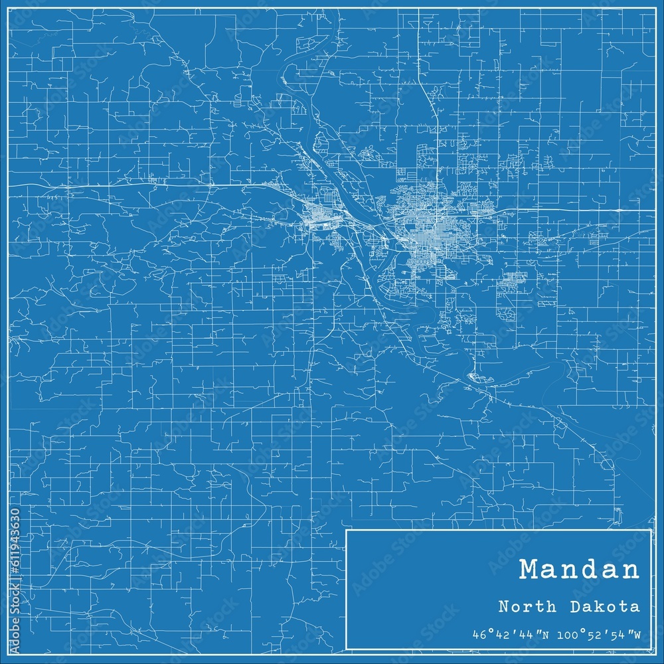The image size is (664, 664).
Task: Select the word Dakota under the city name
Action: coord(605,606)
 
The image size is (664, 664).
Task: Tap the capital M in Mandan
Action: coord(530,570)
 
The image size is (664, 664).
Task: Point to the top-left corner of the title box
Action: coord(347,530)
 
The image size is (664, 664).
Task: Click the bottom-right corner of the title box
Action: coord(651,649)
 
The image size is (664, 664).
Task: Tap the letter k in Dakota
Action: coord(604,606)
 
